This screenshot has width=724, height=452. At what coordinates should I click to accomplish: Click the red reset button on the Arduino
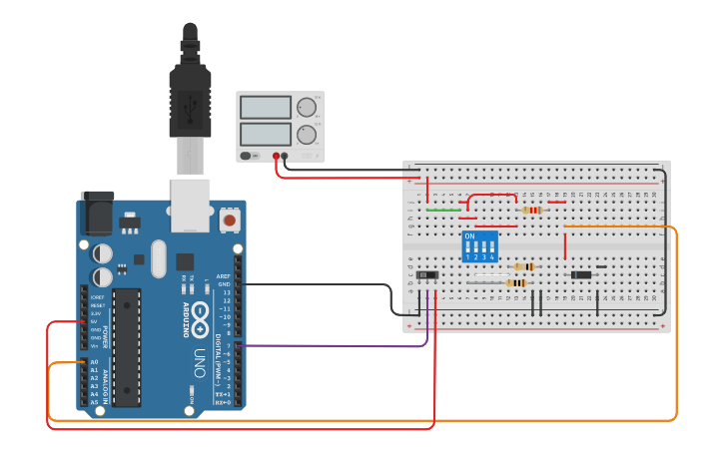[230, 219]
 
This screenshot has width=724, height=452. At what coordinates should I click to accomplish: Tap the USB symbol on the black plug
[190, 103]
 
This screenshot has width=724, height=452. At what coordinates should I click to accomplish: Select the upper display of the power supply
[266, 108]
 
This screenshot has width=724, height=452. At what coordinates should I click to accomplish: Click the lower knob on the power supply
[307, 134]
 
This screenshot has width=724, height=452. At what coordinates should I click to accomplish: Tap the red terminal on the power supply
[277, 156]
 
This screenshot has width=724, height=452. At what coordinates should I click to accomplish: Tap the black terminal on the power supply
[286, 156]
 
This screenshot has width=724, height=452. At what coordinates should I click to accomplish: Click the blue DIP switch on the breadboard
[480, 245]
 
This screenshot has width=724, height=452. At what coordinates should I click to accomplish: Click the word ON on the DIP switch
[469, 236]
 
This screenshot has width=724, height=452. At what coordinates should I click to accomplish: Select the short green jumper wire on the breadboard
[443, 211]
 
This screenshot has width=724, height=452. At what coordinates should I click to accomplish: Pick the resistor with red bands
[532, 210]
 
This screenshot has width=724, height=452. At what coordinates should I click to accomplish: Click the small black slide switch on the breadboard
[427, 274]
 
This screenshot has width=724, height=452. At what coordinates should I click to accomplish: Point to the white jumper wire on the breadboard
[484, 283]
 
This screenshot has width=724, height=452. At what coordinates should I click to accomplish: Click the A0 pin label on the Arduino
[95, 362]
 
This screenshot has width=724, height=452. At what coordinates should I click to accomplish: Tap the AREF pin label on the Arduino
[224, 276]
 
